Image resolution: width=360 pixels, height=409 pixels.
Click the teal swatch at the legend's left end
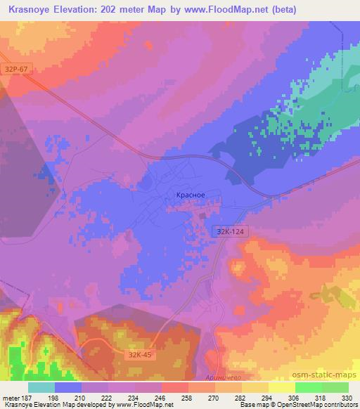pos(41,387)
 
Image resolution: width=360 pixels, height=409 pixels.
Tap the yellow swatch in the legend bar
pos(282,387)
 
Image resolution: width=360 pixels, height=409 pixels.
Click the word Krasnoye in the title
pos(31,9)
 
